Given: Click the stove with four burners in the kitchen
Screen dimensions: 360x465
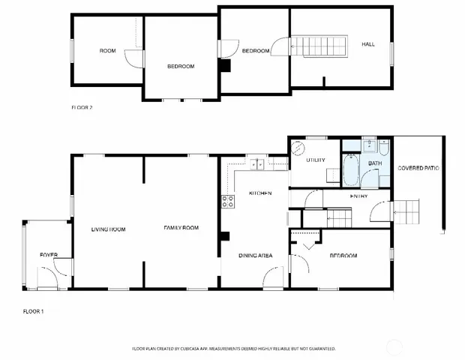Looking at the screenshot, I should pyautogui.click(x=228, y=201).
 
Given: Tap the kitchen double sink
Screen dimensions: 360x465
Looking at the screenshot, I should pyautogui.click(x=258, y=163).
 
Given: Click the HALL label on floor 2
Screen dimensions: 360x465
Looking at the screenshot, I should pyautogui.click(x=368, y=44).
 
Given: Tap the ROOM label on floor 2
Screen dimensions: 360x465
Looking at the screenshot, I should pyautogui.click(x=108, y=51).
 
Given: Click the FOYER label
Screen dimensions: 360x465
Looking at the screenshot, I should pyautogui.click(x=49, y=256).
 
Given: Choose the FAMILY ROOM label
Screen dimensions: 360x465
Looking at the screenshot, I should pyautogui.click(x=181, y=228).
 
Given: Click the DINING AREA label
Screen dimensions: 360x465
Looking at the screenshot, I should pyautogui.click(x=255, y=256).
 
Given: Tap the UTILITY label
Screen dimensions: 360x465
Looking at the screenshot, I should pyautogui.click(x=315, y=160).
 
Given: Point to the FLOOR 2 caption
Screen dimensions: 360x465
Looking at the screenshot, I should pyautogui.click(x=82, y=107).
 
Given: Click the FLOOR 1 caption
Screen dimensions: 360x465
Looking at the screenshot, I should pyautogui.click(x=33, y=310).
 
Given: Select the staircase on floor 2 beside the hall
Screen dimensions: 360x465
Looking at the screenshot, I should pyautogui.click(x=318, y=46).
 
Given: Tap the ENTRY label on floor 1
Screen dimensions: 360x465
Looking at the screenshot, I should pyautogui.click(x=358, y=196).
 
